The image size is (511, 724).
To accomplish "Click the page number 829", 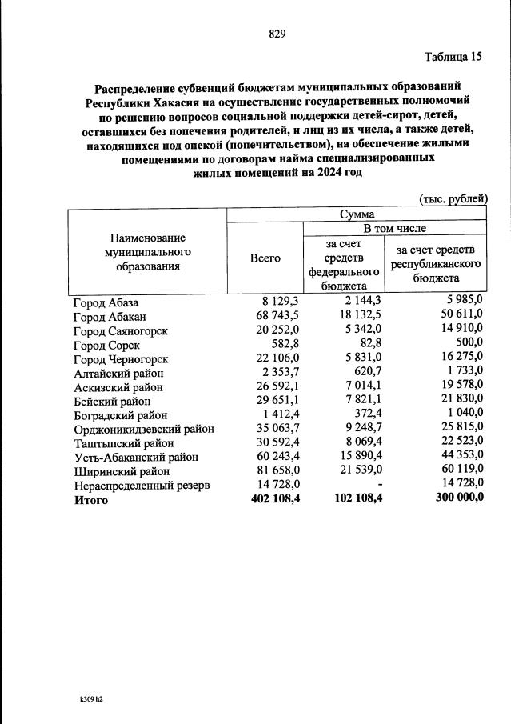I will pyautogui.click(x=277, y=33).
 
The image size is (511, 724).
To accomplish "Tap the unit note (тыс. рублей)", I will pyautogui.click(x=453, y=199).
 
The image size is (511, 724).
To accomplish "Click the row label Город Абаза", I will pyautogui.click(x=106, y=302).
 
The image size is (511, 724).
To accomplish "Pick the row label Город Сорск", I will pyautogui.click(x=106, y=345).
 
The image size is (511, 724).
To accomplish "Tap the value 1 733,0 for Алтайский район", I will pyautogui.click(x=462, y=374).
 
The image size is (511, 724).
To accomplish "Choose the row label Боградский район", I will pyautogui.click(x=120, y=415).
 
